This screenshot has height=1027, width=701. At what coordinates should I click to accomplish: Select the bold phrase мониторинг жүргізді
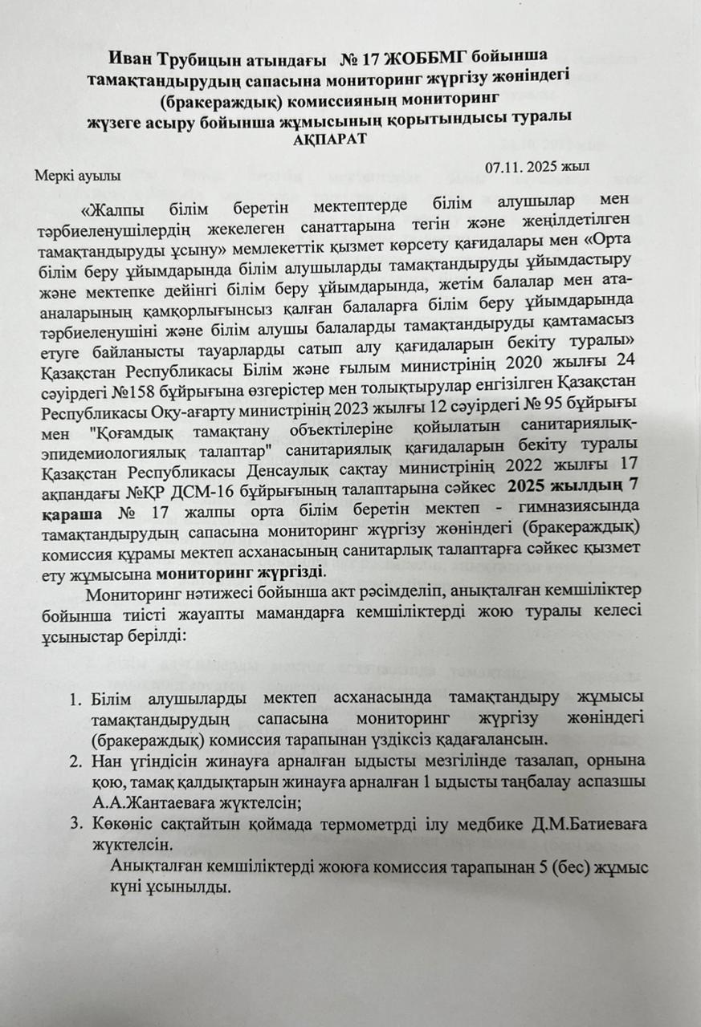click(240, 573)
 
